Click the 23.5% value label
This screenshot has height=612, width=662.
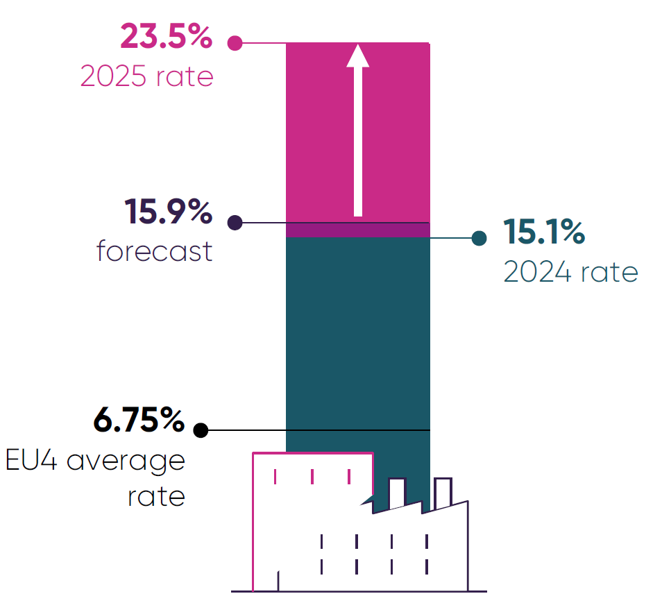(x=166, y=36)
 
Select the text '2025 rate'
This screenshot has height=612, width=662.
(x=146, y=76)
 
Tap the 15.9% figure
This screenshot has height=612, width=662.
(x=168, y=212)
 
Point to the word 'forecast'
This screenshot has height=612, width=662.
(x=154, y=250)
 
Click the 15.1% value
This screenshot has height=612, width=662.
(x=544, y=232)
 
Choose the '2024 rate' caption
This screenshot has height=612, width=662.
(x=570, y=273)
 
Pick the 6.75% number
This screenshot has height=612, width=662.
(x=139, y=420)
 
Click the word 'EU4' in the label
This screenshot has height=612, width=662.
(x=32, y=461)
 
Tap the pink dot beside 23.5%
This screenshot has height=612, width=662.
(x=235, y=43)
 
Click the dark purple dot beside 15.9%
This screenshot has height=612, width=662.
(x=235, y=223)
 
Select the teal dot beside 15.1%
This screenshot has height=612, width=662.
(x=478, y=238)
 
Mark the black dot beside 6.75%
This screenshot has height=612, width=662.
(x=201, y=430)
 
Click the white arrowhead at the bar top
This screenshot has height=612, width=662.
(x=358, y=56)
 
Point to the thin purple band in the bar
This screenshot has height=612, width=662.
(x=358, y=230)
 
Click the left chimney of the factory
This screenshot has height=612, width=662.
(x=397, y=493)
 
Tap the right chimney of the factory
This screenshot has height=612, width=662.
(x=443, y=491)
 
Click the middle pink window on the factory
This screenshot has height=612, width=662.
(x=312, y=477)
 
